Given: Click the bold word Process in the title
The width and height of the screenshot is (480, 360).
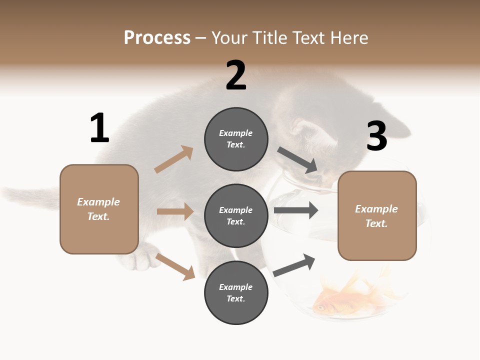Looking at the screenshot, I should pyautogui.click(x=157, y=37).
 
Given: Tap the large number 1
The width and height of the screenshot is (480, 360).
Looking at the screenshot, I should pyautogui.click(x=99, y=128).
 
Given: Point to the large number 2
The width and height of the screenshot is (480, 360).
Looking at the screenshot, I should pyautogui.click(x=236, y=75).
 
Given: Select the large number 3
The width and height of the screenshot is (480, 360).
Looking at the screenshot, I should pyautogui.click(x=376, y=136).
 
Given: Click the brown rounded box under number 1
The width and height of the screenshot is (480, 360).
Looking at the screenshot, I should pyautogui.click(x=99, y=209).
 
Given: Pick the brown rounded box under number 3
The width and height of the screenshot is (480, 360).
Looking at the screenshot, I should pyautogui.click(x=377, y=216).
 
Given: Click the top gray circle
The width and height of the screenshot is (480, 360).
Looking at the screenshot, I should pyautogui.click(x=236, y=139).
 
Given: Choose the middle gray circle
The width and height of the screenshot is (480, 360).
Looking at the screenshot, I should pyautogui.click(x=236, y=215).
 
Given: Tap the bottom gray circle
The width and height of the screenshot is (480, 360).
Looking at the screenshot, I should pyautogui.click(x=236, y=292).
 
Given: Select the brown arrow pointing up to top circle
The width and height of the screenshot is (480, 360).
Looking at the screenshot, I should pyautogui.click(x=173, y=159).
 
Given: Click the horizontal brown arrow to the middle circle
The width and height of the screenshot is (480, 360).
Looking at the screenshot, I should pyautogui.click(x=175, y=211).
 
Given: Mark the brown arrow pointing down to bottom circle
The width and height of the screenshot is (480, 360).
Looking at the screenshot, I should pyautogui.click(x=175, y=266).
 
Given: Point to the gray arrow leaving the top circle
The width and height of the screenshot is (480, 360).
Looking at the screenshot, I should pyautogui.click(x=297, y=160).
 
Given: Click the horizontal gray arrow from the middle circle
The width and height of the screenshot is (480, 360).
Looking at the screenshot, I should pyautogui.click(x=296, y=210).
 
